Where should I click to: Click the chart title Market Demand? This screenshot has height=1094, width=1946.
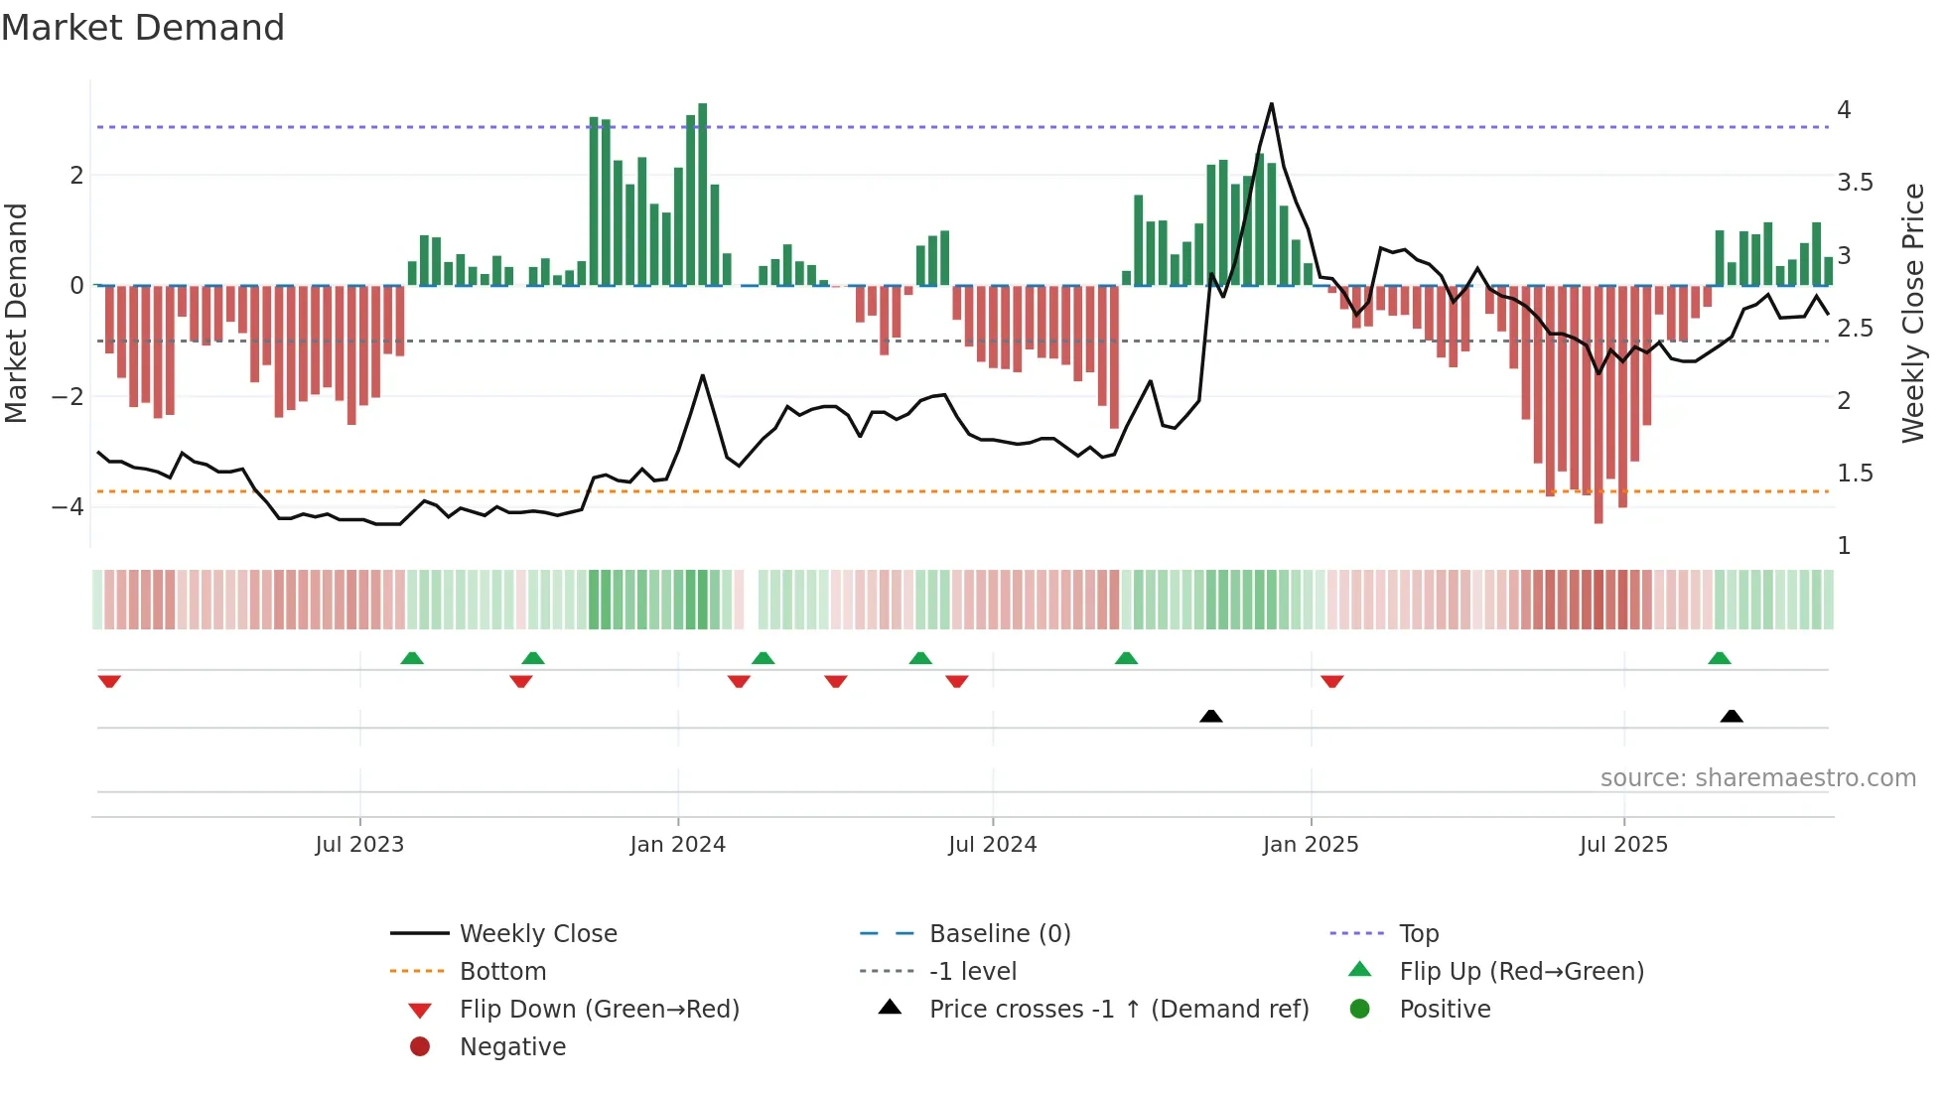(143, 28)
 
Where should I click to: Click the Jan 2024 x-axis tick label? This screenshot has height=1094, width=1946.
(677, 845)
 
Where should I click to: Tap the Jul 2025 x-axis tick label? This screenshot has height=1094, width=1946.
(1623, 845)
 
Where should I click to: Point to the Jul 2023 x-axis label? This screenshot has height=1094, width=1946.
(359, 845)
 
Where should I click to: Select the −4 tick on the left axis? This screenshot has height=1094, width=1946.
(68, 507)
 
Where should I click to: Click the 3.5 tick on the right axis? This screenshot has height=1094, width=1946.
(1855, 183)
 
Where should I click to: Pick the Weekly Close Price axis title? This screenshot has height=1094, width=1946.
(1913, 313)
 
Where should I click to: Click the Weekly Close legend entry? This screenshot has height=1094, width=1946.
(537, 934)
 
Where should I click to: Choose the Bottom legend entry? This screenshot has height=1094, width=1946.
(502, 972)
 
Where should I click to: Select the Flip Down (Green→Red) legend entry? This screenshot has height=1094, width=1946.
(599, 1010)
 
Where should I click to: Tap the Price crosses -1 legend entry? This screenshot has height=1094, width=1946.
(1118, 1010)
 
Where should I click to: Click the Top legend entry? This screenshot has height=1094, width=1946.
(1418, 934)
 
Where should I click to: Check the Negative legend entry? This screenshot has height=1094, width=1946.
(512, 1047)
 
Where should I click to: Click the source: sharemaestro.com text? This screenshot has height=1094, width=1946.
(1757, 778)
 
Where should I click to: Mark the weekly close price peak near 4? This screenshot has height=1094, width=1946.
(1271, 104)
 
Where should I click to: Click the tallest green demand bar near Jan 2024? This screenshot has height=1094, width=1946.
(702, 194)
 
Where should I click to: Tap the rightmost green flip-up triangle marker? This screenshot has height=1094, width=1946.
(1720, 658)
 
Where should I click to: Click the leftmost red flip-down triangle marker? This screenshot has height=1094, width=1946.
(109, 681)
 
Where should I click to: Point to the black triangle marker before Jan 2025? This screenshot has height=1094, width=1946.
(1210, 716)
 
